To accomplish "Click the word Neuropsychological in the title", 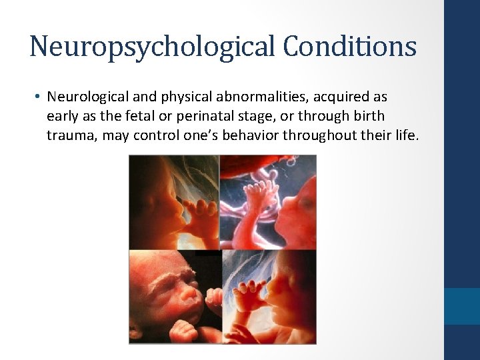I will [146, 47].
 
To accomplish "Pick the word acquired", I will [331, 97].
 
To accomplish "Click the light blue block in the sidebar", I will [461, 306].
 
